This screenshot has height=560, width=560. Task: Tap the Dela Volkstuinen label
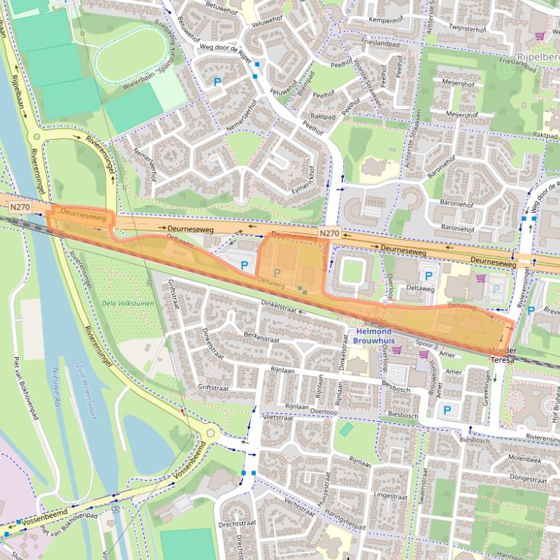click(129, 303)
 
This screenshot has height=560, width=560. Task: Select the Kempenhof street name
click(385, 20)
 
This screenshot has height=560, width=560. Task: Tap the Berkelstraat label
click(262, 337)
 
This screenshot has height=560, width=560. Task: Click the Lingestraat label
click(391, 495)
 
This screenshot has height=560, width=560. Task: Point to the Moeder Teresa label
click(503, 355)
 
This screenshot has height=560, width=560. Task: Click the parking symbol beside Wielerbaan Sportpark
click(217, 82)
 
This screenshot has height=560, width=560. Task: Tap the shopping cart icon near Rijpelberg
click(539, 35)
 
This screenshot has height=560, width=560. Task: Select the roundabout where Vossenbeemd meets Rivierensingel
click(210, 434)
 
